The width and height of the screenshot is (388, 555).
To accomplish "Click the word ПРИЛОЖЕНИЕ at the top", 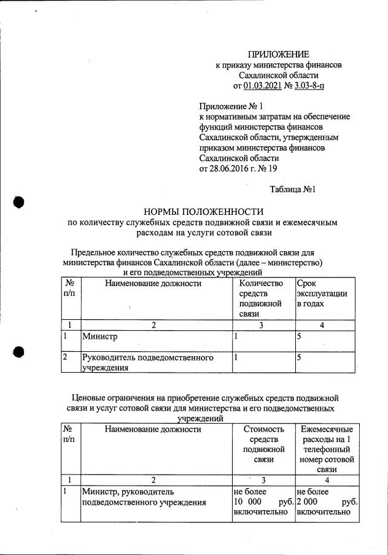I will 279,55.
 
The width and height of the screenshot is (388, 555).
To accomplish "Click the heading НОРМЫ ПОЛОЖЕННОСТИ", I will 203,211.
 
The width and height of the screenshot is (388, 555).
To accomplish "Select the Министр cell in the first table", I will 99,336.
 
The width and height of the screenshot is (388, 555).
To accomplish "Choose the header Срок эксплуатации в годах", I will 322,293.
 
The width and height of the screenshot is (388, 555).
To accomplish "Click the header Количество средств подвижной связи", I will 261,298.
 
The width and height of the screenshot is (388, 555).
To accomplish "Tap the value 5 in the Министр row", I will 299,336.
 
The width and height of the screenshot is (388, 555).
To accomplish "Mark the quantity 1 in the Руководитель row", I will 236,357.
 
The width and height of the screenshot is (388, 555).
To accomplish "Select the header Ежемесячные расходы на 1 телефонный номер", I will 326,449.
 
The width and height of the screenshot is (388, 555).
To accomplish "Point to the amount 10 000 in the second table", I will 247,502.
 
